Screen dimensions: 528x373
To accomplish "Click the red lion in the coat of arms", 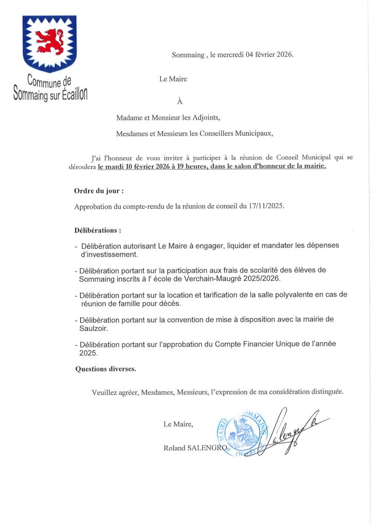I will pyautogui.click(x=49, y=41).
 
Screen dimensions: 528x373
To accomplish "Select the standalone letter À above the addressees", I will pyautogui.click(x=180, y=102).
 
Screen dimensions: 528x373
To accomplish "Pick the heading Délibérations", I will pyautogui.click(x=97, y=230).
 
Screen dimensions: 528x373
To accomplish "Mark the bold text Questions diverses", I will pyautogui.click(x=106, y=369).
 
